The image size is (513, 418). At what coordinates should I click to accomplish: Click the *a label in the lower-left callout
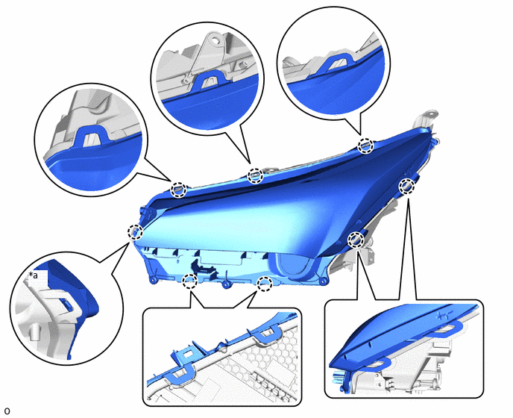pos(34,275)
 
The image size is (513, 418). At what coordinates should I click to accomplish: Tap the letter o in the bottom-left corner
pos(7,411)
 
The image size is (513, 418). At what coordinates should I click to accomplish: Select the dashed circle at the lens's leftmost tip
pos(135,232)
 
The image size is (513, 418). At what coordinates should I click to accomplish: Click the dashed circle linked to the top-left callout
pos(179,190)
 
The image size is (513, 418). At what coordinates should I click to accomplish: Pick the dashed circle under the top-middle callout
pos(255,176)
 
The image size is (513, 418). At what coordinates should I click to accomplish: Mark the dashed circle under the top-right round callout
pos(365,146)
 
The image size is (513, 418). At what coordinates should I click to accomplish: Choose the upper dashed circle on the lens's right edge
pos(407,186)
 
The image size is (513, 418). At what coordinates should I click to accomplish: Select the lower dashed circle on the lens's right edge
pos(356,240)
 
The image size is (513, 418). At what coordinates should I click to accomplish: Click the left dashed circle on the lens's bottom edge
pos(189,281)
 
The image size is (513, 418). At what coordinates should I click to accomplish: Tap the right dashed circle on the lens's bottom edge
pos(265,284)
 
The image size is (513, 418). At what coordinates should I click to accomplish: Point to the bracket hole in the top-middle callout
pos(215,41)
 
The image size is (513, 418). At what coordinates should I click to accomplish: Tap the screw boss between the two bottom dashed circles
pos(226,284)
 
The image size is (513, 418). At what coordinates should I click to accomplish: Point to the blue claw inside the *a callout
pos(67,304)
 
